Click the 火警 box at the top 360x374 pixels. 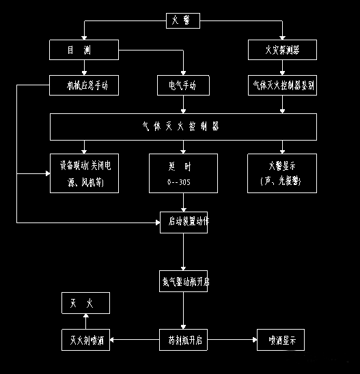tap(182, 21)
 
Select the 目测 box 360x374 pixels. tap(84, 50)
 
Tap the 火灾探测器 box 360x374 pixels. tap(281, 50)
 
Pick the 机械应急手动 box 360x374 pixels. tap(84, 85)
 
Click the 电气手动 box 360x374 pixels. tap(182, 85)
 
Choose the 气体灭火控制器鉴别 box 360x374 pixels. tap(281, 85)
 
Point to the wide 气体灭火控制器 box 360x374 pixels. tap(183, 127)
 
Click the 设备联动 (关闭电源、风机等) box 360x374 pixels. tap(84, 173)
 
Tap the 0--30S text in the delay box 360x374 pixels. tap(179, 183)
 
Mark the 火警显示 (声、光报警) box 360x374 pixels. tap(281, 173)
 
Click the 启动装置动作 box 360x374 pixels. tap(183, 222)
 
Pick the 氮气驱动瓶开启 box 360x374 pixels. tap(182, 280)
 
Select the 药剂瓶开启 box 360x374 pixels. tap(182, 339)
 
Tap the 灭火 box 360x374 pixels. tap(84, 303)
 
